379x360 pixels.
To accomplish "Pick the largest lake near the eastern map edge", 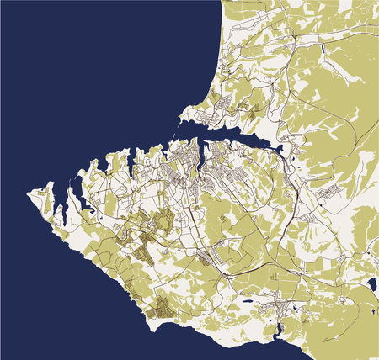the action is [x=371, y=286].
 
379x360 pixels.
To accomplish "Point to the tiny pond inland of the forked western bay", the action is [x=100, y=217].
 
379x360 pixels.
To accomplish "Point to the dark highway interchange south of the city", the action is [x=227, y=274].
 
